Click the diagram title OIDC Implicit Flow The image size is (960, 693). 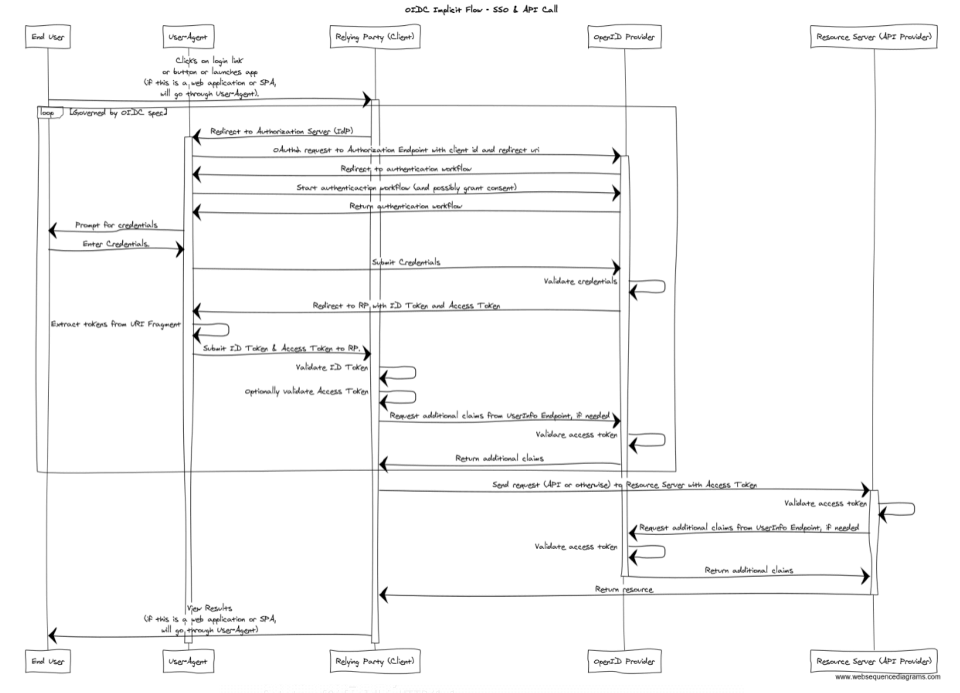pos(481,9)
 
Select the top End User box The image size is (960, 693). pos(48,37)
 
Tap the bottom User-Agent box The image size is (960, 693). pos(188,661)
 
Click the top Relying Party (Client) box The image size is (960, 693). pos(375,37)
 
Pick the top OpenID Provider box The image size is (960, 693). pos(624,37)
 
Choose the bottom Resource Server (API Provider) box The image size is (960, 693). pos(874,661)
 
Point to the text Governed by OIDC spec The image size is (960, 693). pos(118,112)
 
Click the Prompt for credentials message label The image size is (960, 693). pos(116,225)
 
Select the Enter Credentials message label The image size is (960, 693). pos(116,244)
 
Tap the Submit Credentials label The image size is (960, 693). pos(406,262)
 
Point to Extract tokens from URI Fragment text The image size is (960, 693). pos(115,324)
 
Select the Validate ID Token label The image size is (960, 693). pos(332,368)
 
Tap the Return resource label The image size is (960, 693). pos(624,589)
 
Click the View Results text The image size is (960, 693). pos(209,608)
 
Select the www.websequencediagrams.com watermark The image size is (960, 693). pos(887,677)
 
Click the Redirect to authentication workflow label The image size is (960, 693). pos(406,169)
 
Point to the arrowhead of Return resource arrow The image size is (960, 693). pos(383,595)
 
